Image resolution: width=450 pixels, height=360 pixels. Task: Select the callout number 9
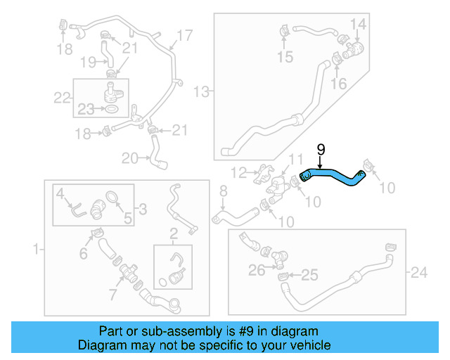pos(321,149)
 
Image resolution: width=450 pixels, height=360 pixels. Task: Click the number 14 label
pos(359,25)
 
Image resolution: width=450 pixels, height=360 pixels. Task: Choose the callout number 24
pos(419,271)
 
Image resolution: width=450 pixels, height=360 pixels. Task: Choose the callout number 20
pos(130,158)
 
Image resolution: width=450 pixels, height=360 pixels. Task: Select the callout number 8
pos(224,191)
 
